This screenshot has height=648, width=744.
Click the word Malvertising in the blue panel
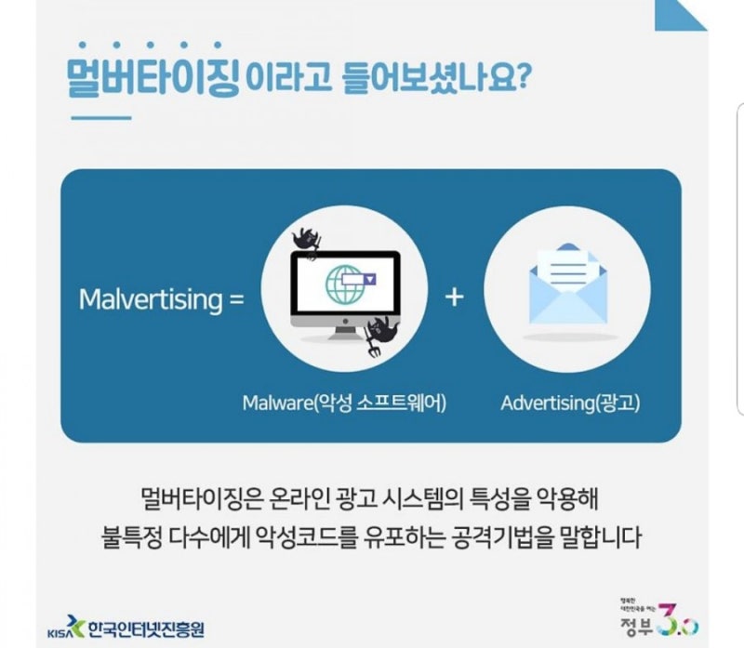[151, 300]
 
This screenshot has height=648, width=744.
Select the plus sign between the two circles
[454, 298]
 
